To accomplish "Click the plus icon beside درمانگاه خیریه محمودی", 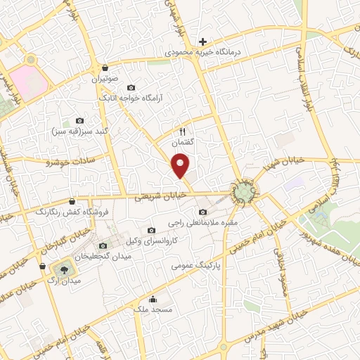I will [203, 41].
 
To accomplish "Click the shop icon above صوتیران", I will [105, 68].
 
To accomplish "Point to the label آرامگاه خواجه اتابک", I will [131, 98].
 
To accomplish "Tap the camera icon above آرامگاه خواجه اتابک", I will [131, 87].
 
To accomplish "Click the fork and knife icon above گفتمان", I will [183, 131].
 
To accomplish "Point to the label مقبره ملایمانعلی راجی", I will [203, 223].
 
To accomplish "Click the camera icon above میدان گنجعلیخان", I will [103, 245].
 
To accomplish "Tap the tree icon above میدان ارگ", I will [63, 269].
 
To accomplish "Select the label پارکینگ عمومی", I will [196, 266].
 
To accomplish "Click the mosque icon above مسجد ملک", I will [153, 300].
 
